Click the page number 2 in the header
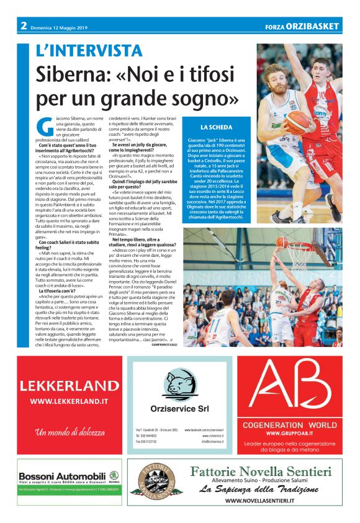23,25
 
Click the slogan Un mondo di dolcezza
69,432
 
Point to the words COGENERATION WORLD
292,424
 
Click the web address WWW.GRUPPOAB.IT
292,432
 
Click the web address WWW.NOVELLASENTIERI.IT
259,501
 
